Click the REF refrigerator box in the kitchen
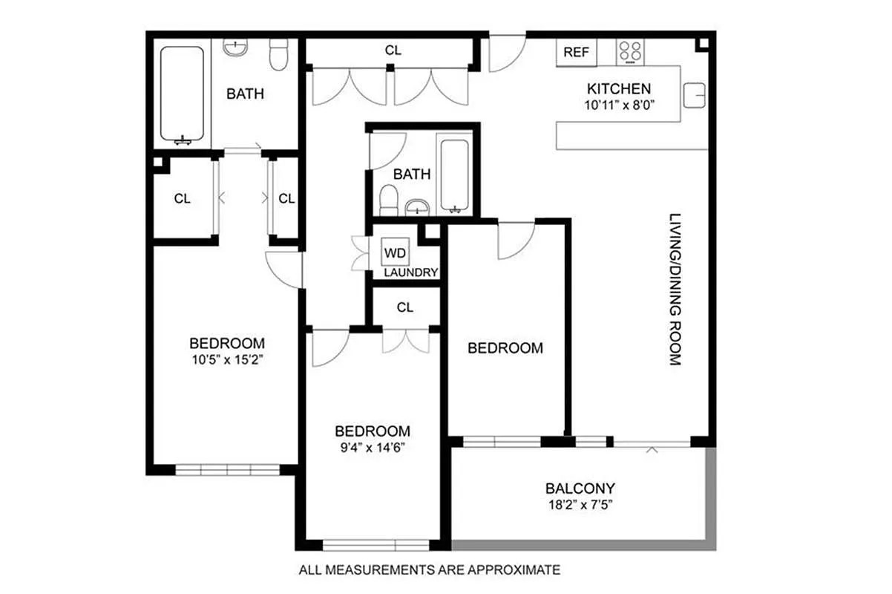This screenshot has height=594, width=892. [576, 52]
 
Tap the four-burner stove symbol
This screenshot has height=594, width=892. [631, 51]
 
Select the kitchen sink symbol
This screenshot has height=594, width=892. [694, 94]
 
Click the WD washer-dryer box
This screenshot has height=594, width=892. [395, 252]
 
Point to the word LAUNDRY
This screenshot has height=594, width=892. [410, 272]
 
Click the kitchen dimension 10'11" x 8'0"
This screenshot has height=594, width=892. [617, 105]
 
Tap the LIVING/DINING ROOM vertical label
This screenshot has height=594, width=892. [674, 290]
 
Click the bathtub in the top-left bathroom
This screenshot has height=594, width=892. [182, 94]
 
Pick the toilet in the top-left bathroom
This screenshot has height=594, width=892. [278, 56]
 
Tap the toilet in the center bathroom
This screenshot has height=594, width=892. [388, 199]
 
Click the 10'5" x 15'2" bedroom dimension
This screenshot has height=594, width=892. [226, 359]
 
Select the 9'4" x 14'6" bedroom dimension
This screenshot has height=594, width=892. [372, 447]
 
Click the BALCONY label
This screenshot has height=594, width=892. [580, 489]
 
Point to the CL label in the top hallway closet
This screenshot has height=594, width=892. [393, 50]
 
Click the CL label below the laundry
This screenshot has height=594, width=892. [404, 307]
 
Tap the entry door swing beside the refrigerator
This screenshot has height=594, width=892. [506, 53]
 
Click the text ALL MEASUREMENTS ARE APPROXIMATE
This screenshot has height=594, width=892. [428, 570]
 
